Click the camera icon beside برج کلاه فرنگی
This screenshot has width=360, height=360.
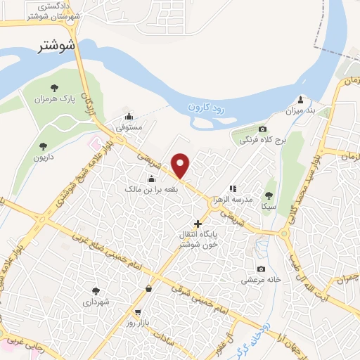point(263,129)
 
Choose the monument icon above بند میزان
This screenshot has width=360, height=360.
point(302,99)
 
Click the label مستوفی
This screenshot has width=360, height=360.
point(129,128)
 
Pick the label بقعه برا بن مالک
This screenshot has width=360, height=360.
point(150,190)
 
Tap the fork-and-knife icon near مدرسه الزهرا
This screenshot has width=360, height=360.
point(233,188)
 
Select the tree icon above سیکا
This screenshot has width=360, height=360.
point(268,195)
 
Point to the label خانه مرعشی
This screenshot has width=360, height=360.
point(262,279)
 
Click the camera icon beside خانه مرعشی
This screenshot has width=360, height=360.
point(262,269)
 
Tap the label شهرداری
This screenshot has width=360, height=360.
point(96,302)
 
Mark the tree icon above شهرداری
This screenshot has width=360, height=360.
point(96,290)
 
